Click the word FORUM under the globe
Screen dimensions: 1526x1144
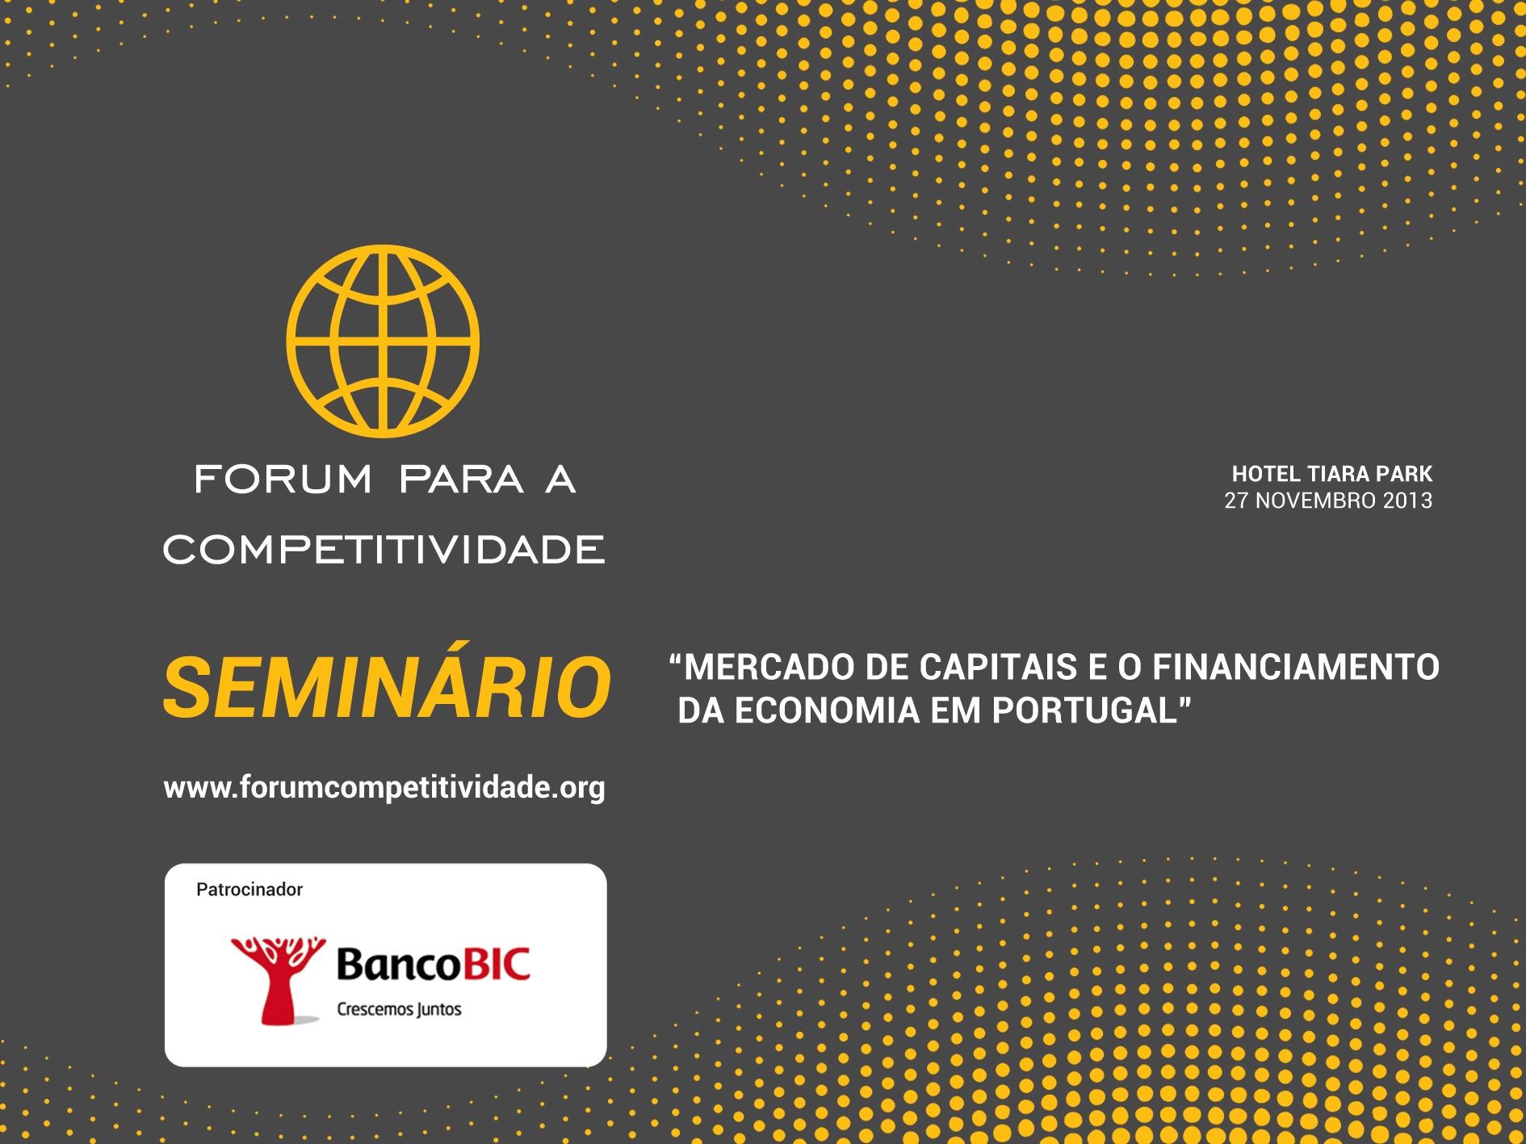click(x=283, y=479)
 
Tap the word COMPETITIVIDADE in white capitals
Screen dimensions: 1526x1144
click(x=384, y=550)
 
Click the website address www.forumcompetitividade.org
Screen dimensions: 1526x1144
click(x=384, y=787)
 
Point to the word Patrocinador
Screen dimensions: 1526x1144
click(x=249, y=890)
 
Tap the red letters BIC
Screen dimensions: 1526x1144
click(x=495, y=964)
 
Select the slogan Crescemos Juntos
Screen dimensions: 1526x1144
click(x=399, y=1010)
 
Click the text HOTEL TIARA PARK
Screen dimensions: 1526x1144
click(x=1332, y=474)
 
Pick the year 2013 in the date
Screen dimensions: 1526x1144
click(x=1408, y=501)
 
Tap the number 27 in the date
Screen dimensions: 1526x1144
click(x=1236, y=501)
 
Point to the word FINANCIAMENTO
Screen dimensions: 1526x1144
click(x=1296, y=668)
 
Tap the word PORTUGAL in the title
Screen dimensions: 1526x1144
click(x=1085, y=711)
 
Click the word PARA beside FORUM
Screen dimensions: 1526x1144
click(x=461, y=479)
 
